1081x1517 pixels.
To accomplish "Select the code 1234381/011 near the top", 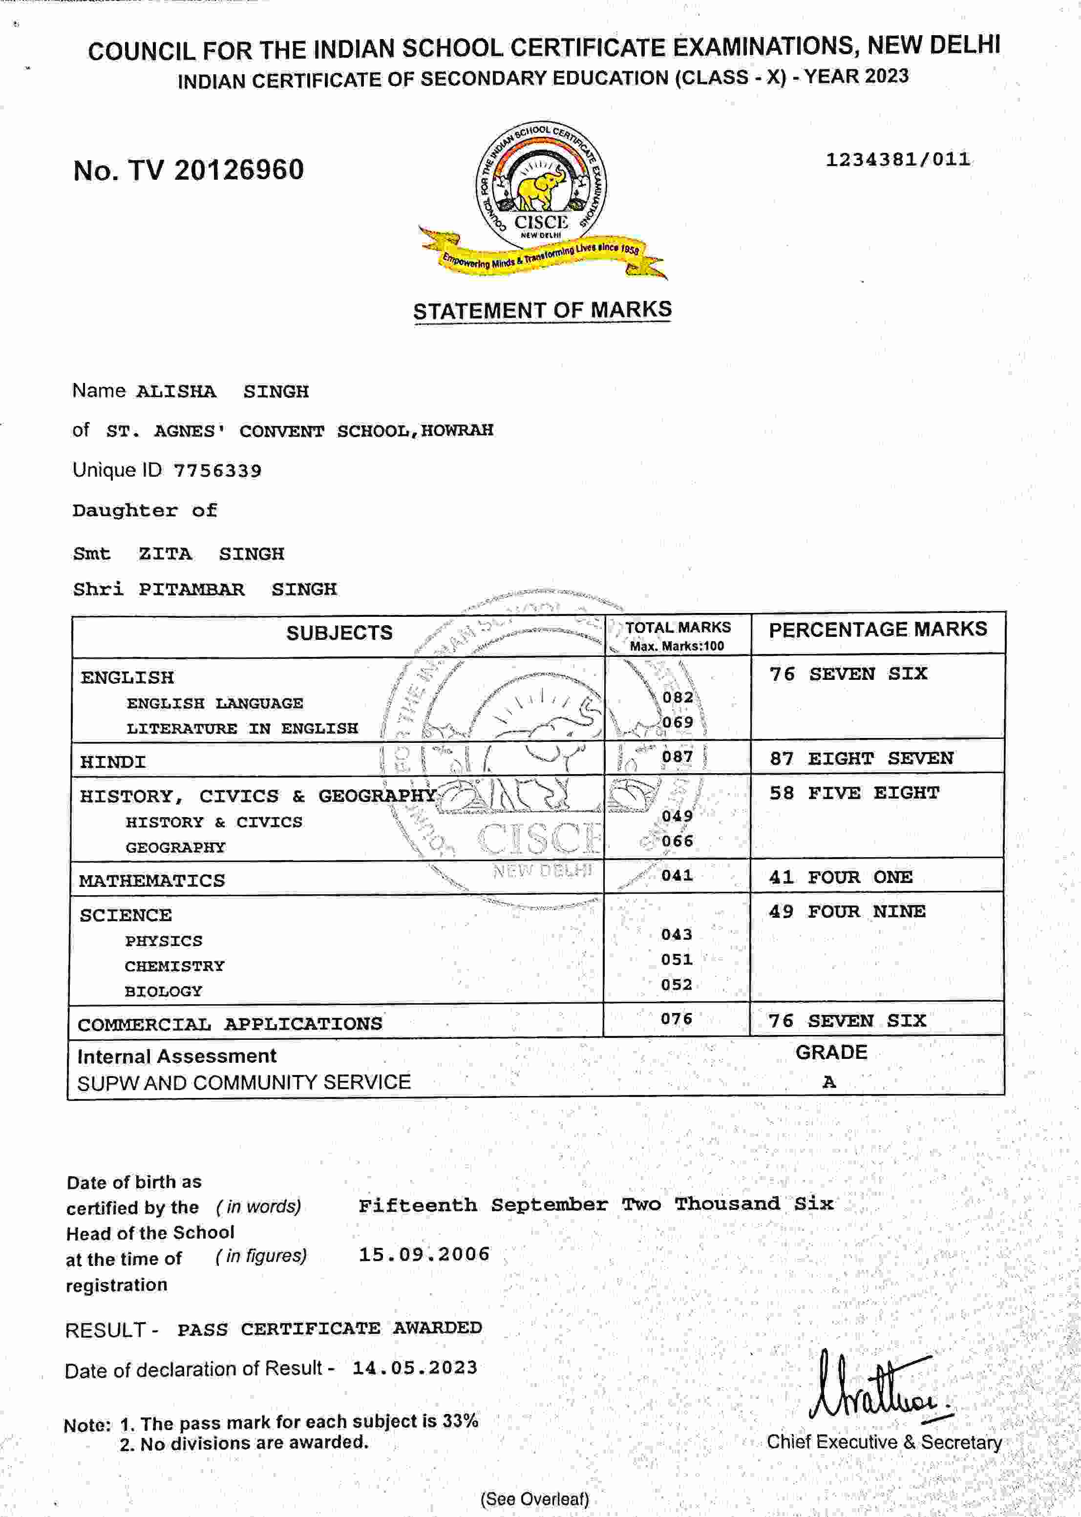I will (x=897, y=160).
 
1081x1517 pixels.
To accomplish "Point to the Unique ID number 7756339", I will (x=218, y=471).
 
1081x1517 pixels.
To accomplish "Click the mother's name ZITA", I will (x=165, y=553).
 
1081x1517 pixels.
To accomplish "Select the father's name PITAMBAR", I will (x=191, y=590).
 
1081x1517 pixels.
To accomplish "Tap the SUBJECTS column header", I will (x=339, y=633).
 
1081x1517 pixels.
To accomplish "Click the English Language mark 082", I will (x=678, y=697).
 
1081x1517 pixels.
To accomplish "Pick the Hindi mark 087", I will (x=678, y=757).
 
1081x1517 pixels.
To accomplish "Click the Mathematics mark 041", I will (x=677, y=876).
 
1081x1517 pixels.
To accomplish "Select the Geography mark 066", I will (x=678, y=841).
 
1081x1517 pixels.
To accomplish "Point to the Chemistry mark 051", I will (x=676, y=959).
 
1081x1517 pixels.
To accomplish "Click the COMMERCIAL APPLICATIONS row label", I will (x=230, y=1024).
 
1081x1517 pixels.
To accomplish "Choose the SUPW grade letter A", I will (x=829, y=1082).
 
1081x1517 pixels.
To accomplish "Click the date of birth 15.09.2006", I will (x=424, y=1255).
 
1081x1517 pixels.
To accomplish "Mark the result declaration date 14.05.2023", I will (x=415, y=1368).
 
